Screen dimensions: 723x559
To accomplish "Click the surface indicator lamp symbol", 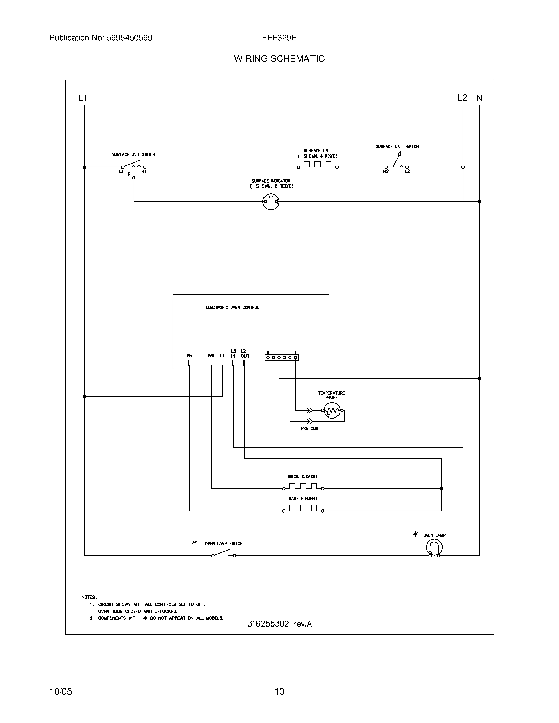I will click(271, 201).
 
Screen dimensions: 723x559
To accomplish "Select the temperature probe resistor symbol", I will click(332, 411).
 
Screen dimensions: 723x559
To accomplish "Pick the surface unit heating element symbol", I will click(318, 165).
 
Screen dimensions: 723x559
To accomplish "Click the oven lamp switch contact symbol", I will click(224, 554).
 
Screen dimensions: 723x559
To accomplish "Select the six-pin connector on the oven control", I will click(281, 357).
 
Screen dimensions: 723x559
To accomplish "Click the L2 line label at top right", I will click(462, 98).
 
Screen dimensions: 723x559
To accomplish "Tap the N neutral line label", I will click(479, 98).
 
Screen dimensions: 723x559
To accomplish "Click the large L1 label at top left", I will click(83, 98).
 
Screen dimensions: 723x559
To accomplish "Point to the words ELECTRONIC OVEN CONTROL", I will click(232, 307).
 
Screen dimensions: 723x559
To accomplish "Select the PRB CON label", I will click(309, 428).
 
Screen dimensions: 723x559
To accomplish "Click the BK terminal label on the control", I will click(189, 356).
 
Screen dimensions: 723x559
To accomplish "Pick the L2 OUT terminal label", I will click(245, 354).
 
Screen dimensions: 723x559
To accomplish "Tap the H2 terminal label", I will click(385, 172).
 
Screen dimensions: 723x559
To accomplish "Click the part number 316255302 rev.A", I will click(279, 624).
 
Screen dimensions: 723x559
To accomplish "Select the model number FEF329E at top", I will click(279, 38).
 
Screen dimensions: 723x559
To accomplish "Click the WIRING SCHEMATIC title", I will click(279, 58).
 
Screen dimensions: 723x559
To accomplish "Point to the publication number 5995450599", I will click(129, 38).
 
